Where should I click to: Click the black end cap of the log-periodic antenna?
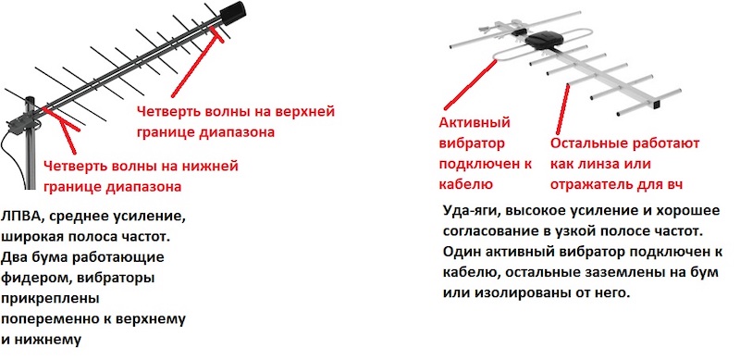click(233, 14)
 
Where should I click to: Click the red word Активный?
click(475, 123)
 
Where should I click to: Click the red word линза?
click(604, 165)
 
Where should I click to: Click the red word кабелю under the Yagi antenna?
click(466, 184)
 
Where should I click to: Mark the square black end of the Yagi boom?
click(655, 103)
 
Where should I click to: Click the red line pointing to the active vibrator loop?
click(470, 84)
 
